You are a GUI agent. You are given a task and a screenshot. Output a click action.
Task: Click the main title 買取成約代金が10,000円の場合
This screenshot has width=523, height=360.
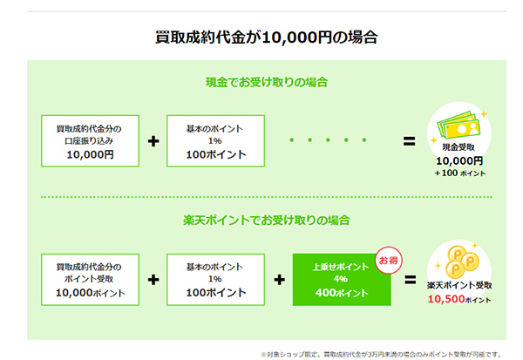tap(266, 37)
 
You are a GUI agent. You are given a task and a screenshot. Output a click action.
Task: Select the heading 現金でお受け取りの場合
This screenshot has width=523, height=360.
tap(267, 82)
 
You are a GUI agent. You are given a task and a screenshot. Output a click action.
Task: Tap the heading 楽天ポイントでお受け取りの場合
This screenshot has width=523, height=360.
tap(267, 221)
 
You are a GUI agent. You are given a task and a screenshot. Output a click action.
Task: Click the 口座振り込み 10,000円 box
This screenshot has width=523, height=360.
tap(90, 141)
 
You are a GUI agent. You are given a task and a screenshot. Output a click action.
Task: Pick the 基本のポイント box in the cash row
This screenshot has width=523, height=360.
tap(215, 141)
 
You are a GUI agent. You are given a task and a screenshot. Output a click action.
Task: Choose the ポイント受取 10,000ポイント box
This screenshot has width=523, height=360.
tap(90, 280)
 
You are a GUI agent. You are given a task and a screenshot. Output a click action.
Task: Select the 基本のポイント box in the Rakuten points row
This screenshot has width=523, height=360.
tap(215, 280)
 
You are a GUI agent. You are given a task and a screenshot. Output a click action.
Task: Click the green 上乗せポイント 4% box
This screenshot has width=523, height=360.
tap(342, 280)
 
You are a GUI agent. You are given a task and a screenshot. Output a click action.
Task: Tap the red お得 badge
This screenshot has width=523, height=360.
tap(389, 261)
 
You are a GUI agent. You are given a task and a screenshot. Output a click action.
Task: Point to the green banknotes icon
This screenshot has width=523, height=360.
tap(458, 126)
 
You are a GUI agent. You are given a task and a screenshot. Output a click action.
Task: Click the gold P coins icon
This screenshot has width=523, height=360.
tap(462, 262)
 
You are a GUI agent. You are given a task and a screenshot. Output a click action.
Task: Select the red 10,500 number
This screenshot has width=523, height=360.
tap(446, 299)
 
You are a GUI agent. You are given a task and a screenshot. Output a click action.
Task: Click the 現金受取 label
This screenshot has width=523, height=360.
tap(458, 147)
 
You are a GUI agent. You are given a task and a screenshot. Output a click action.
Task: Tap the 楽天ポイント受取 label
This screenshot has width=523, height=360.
tap(459, 285)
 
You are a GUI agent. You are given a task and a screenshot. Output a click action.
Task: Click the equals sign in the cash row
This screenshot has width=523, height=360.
tap(410, 141)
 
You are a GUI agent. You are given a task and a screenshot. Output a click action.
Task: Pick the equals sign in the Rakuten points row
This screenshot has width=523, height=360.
tap(411, 280)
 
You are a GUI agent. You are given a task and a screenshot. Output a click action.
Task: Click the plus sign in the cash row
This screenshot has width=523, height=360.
tap(153, 141)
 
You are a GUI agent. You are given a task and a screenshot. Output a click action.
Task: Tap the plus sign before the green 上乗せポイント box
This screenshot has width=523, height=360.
tap(279, 280)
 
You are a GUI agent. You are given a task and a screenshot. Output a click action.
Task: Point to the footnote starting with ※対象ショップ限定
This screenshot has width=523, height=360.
tap(381, 354)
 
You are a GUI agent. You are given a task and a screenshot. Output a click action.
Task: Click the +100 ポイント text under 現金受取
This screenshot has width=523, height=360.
tap(459, 173)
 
